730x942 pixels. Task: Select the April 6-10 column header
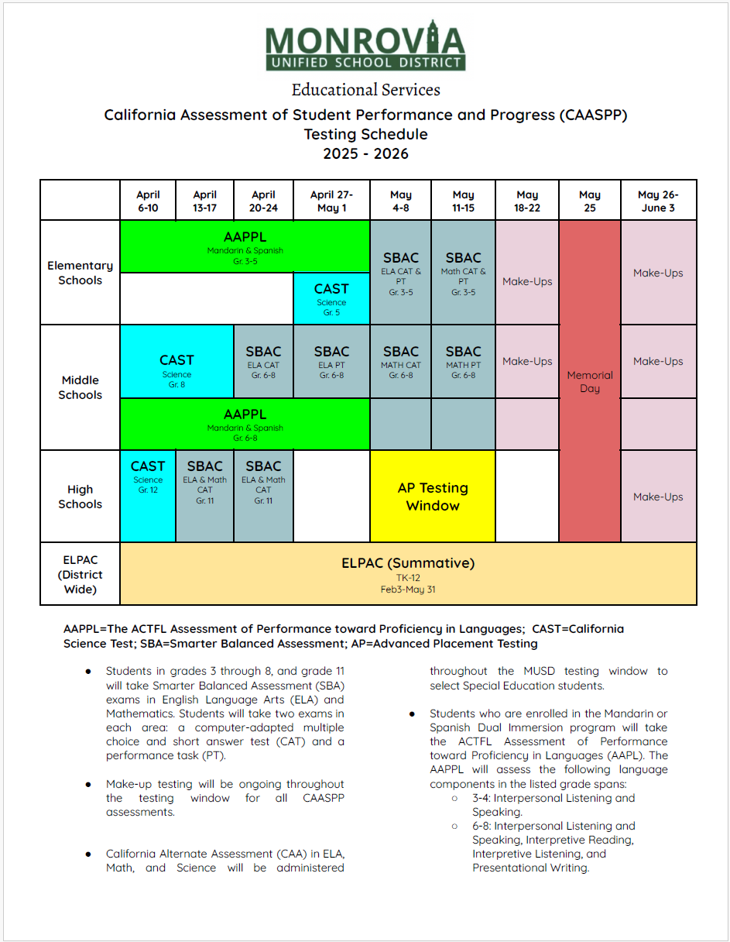[x=148, y=201]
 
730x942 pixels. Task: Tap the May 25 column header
[x=589, y=201]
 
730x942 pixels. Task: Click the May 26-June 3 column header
[x=658, y=201]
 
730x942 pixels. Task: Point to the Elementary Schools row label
[x=80, y=273]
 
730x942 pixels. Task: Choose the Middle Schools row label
[x=80, y=387]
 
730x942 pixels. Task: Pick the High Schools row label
[x=80, y=497]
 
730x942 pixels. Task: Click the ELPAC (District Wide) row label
[x=80, y=574]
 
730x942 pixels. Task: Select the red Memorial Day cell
[x=589, y=381]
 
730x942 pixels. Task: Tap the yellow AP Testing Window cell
[x=433, y=497]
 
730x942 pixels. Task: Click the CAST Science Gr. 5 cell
[x=331, y=298]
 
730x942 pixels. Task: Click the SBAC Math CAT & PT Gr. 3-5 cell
[x=463, y=273]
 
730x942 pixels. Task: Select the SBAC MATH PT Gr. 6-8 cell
[x=463, y=362]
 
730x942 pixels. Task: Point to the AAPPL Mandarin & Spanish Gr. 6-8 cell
[x=245, y=425]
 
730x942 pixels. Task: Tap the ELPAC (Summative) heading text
[x=408, y=563]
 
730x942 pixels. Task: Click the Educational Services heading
[x=365, y=90]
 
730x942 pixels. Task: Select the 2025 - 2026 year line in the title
[x=365, y=153]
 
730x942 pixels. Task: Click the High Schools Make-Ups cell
[x=658, y=497]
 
